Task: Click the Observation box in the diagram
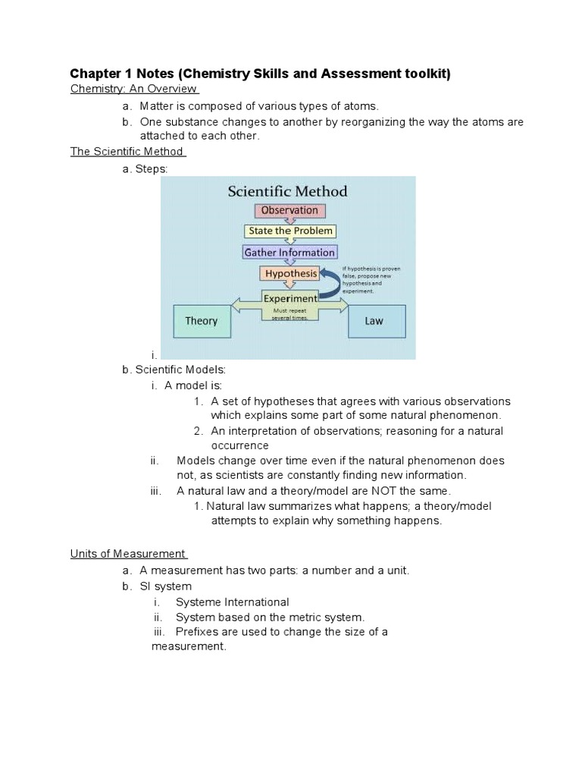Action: pos(289,210)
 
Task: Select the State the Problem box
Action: pos(290,231)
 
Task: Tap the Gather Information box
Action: pos(289,252)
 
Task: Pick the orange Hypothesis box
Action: pos(290,273)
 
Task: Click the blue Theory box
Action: pos(201,321)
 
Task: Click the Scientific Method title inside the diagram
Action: pos(288,191)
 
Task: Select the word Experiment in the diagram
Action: pos(290,299)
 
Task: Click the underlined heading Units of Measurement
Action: pos(127,554)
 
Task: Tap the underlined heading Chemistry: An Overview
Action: pos(133,90)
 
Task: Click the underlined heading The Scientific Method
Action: pos(127,151)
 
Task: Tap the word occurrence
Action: pos(239,445)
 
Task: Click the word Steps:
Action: pos(152,169)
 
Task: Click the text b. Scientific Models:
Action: pos(174,370)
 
